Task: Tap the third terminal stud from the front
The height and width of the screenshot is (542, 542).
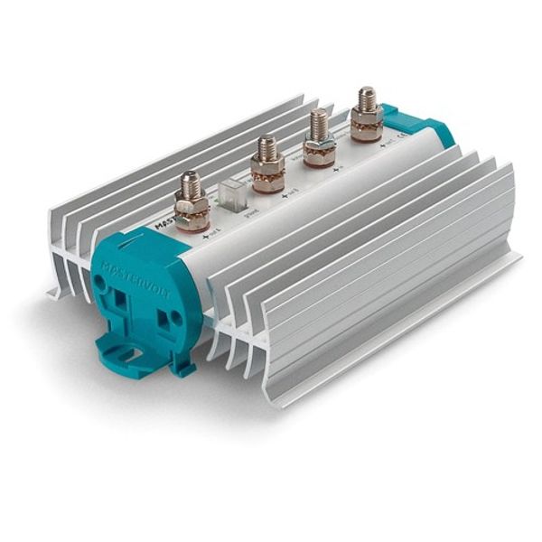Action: [x=318, y=126]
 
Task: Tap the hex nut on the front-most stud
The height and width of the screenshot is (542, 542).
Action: [x=192, y=211]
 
